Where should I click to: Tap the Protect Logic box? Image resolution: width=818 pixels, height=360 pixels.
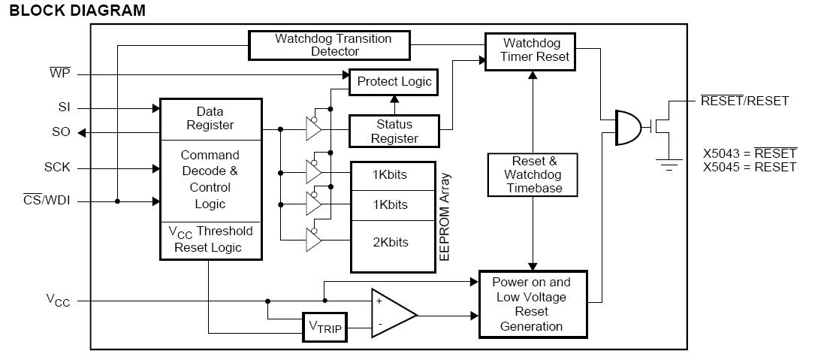point(394,81)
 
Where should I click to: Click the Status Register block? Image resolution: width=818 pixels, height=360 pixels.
point(394,131)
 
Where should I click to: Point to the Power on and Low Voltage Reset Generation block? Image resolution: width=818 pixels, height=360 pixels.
point(531,304)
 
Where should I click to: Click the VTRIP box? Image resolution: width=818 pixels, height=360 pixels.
point(324,327)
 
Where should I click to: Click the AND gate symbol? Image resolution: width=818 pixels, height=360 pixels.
point(629,127)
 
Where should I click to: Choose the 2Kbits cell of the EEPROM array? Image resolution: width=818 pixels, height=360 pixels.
point(390,242)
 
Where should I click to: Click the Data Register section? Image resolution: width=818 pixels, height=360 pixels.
point(210,118)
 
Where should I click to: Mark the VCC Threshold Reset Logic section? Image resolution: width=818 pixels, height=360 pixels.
point(210,239)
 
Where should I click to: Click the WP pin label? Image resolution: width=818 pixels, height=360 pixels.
point(59,74)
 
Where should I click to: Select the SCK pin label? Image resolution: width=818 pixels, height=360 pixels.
point(57,167)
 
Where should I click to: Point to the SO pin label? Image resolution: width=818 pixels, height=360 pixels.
point(61,132)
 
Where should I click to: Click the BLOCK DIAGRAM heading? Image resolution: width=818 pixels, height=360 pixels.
point(78,11)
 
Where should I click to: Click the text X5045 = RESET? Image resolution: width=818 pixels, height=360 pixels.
point(749,167)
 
